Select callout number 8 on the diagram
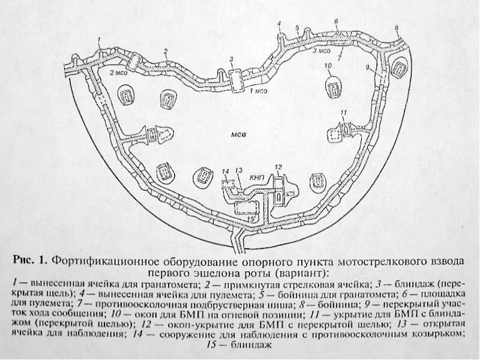click(x=397, y=28)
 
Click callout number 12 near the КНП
click(x=278, y=166)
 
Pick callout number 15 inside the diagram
click(x=250, y=220)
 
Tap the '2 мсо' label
click(x=117, y=72)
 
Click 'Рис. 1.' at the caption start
click(x=30, y=262)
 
